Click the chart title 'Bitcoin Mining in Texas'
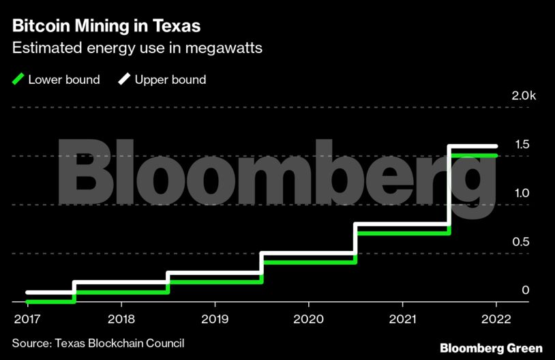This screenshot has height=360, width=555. (106, 27)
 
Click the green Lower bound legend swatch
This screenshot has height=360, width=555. (18, 80)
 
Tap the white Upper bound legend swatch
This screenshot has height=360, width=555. (125, 80)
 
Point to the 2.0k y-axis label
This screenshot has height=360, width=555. (524, 96)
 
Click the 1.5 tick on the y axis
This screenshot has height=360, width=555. (522, 145)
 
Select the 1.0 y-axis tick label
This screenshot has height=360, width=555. (522, 193)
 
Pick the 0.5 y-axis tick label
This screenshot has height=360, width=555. (522, 241)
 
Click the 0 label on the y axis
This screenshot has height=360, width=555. (526, 290)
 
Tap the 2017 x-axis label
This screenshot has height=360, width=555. (27, 318)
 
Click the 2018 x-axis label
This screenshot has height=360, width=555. (121, 318)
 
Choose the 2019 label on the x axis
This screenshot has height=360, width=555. (215, 318)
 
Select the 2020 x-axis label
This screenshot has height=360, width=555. (308, 318)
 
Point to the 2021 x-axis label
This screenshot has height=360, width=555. (402, 318)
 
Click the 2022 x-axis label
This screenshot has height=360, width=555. (496, 318)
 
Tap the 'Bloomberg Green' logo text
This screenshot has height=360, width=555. (491, 348)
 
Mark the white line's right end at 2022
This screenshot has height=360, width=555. (496, 146)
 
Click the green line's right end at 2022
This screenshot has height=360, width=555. (496, 155)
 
